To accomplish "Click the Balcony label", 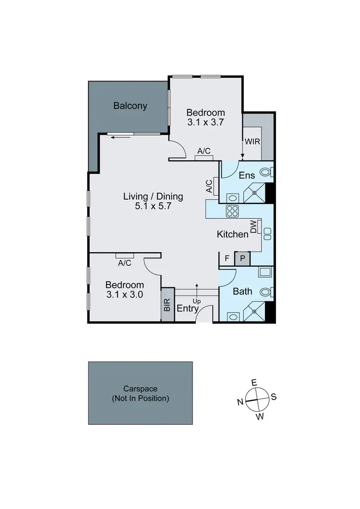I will [x=130, y=106].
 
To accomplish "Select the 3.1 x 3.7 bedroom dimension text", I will [x=206, y=122].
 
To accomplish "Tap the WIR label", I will [x=252, y=142].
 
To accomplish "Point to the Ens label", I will [x=247, y=176].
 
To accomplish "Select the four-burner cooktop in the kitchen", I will [x=232, y=211].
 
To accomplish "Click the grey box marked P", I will [x=242, y=258].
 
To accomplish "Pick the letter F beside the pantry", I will [x=227, y=258].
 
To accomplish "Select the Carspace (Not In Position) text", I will [x=140, y=394].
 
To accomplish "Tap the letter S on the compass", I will [x=274, y=397].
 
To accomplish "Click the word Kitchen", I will [x=233, y=234].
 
